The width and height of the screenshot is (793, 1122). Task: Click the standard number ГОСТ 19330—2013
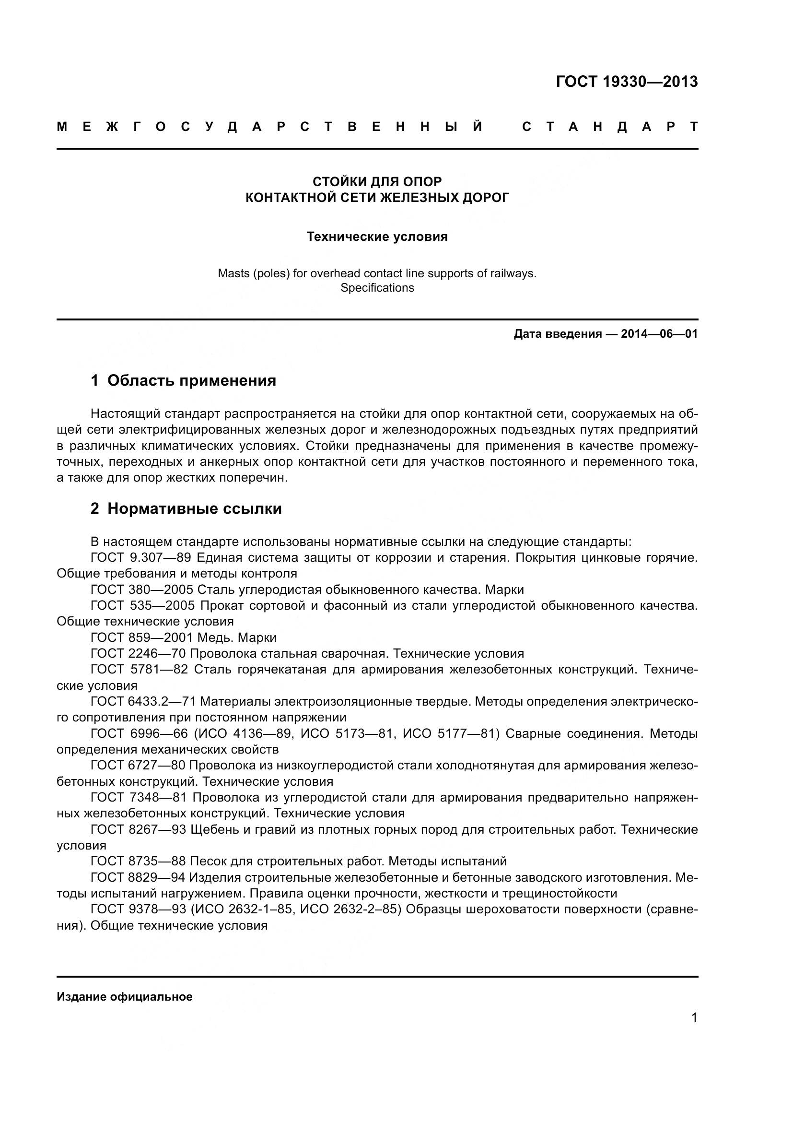pyautogui.click(x=627, y=82)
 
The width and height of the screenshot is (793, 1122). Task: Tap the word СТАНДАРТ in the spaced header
pyautogui.click(x=610, y=127)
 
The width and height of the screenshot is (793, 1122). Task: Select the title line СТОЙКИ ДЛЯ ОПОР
pyautogui.click(x=377, y=182)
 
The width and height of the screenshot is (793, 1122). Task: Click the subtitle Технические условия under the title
pyautogui.click(x=377, y=237)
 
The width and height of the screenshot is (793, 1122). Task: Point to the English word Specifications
pyautogui.click(x=377, y=288)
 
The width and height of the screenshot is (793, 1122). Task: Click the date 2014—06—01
pyautogui.click(x=659, y=334)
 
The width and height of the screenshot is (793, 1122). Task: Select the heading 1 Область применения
pyautogui.click(x=184, y=381)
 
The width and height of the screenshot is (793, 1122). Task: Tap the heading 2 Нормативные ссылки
pyautogui.click(x=186, y=508)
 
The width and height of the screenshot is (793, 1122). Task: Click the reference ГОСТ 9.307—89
pyautogui.click(x=140, y=557)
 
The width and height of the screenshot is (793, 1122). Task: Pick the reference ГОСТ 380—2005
pyautogui.click(x=141, y=590)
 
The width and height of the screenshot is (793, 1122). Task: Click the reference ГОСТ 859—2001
pyautogui.click(x=141, y=638)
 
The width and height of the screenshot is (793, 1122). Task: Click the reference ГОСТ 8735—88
pyautogui.click(x=138, y=862)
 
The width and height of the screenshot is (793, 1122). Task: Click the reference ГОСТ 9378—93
pyautogui.click(x=138, y=909)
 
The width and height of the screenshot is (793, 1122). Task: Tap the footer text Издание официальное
pyautogui.click(x=125, y=997)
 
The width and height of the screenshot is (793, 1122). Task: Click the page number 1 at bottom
pyautogui.click(x=694, y=1018)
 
